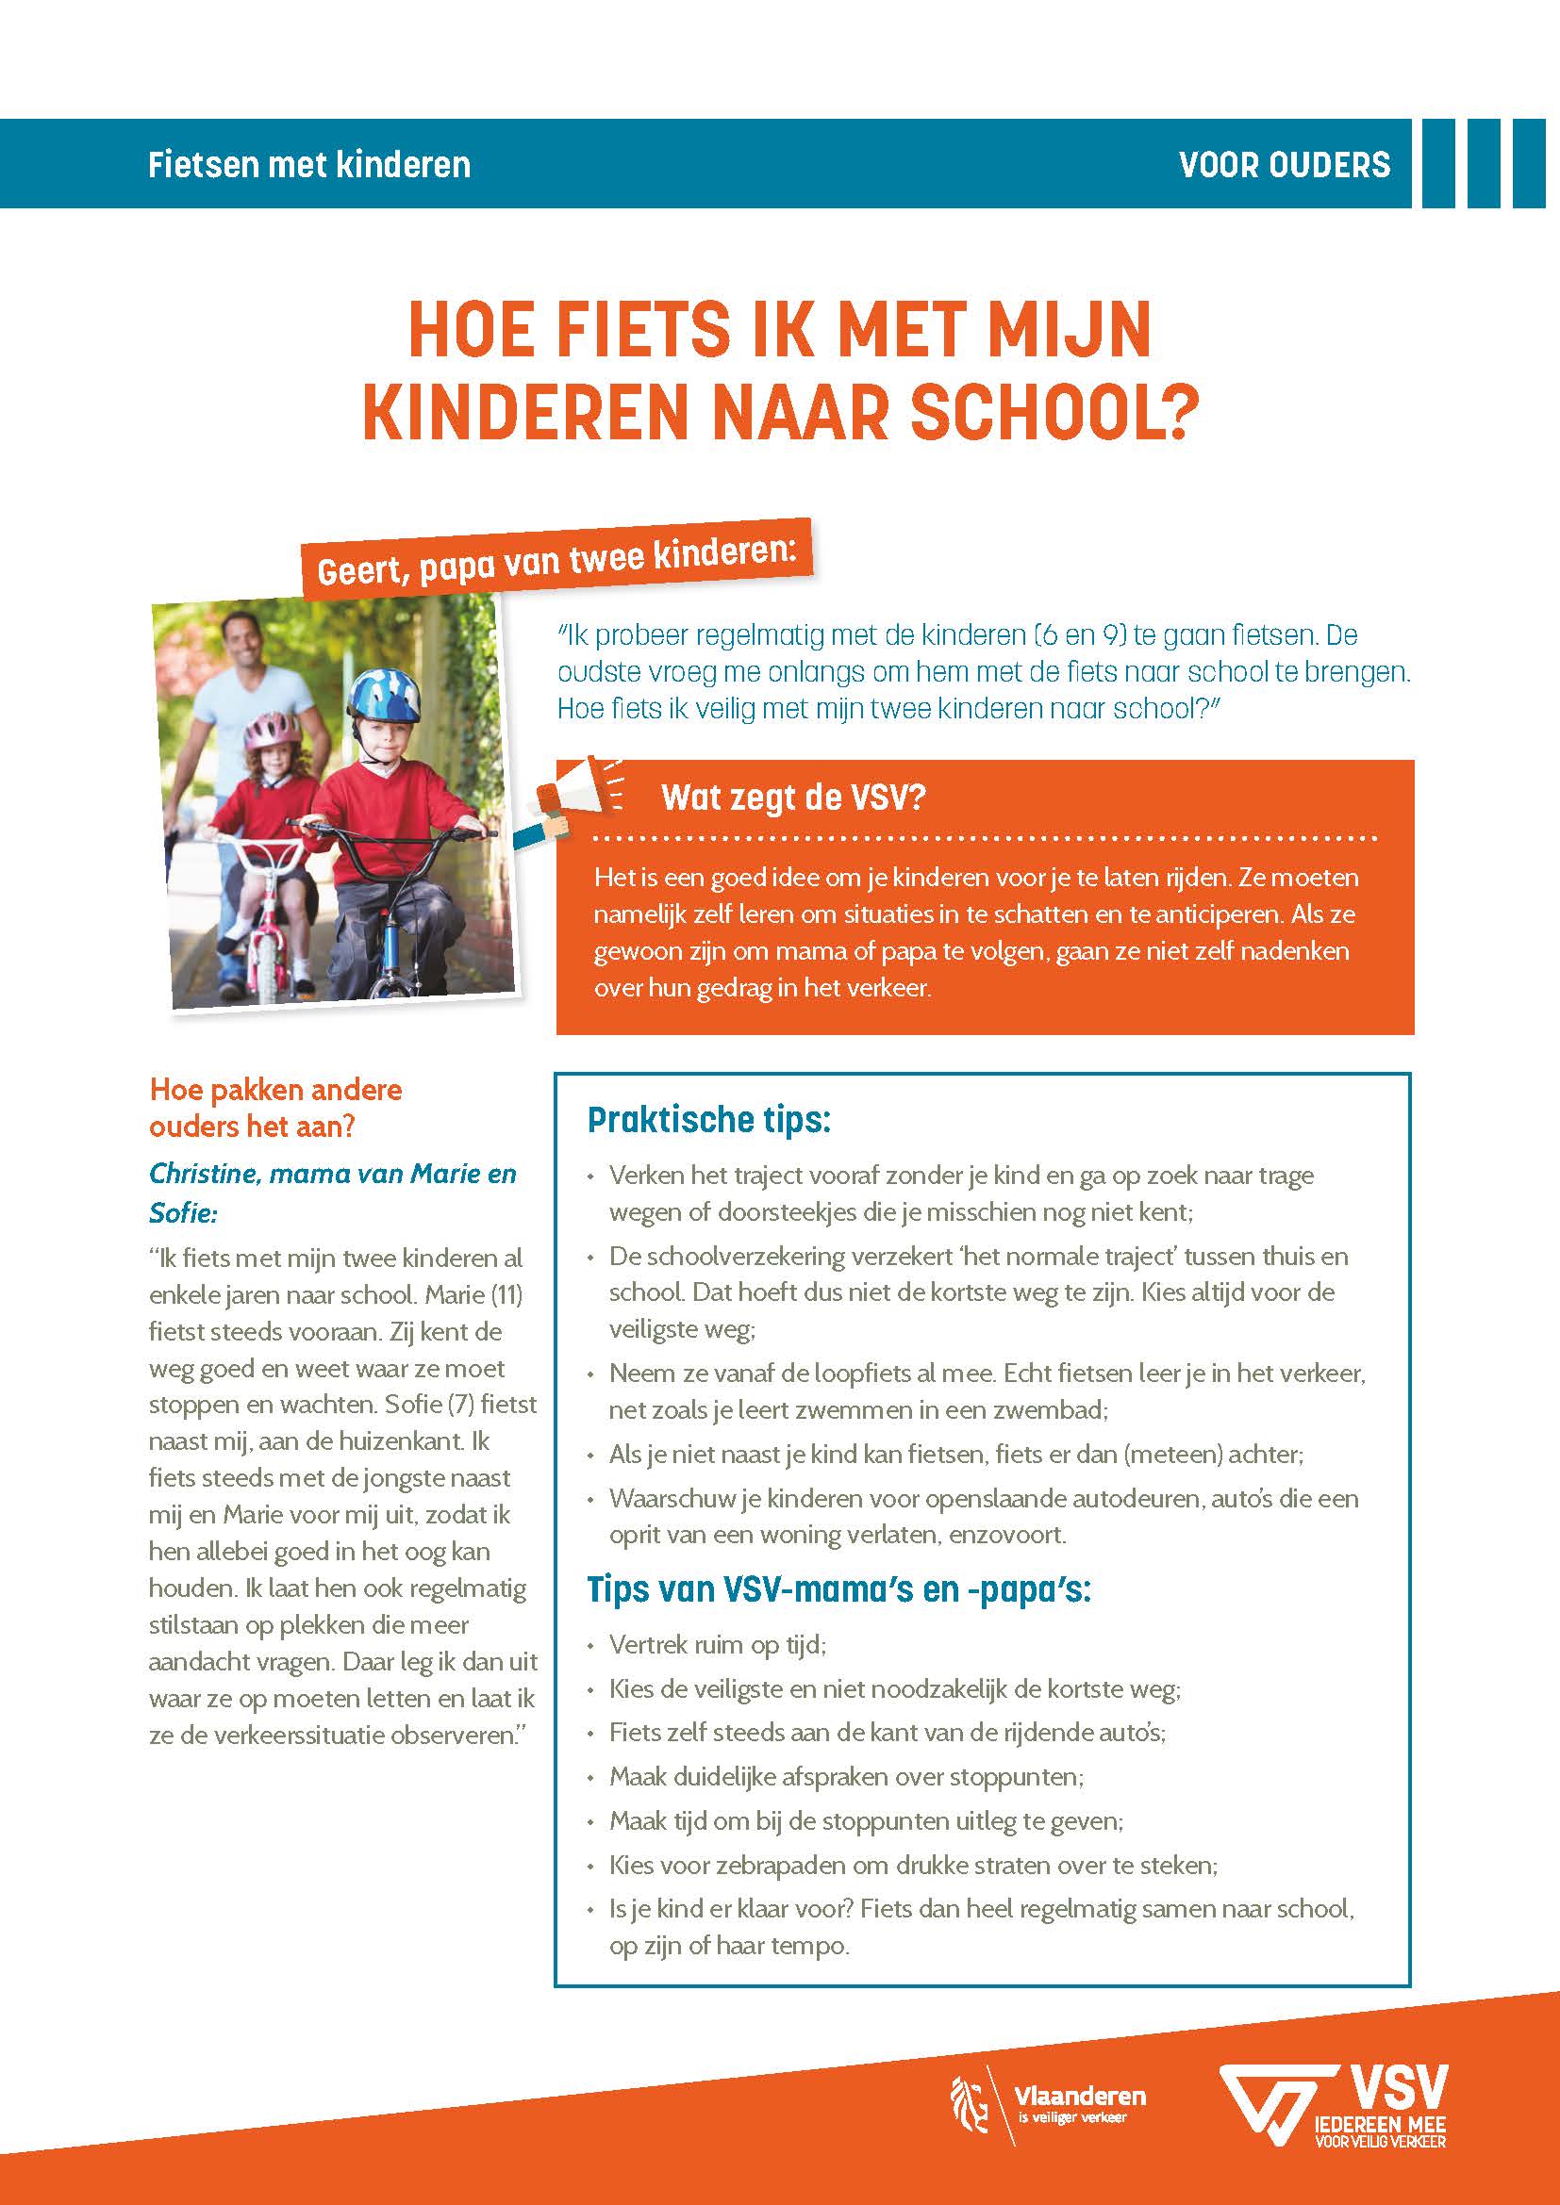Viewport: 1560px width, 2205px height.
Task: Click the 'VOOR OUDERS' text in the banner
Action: click(1284, 165)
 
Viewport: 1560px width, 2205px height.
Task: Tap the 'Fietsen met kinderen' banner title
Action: click(309, 165)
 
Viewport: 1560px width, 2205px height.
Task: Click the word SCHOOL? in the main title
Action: click(1054, 413)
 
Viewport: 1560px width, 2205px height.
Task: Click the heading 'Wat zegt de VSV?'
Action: click(792, 798)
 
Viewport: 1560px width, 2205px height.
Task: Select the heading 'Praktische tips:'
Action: click(709, 1120)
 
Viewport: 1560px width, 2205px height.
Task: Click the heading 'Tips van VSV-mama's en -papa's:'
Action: click(838, 1589)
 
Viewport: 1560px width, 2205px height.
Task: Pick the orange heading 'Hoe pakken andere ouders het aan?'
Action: click(275, 1108)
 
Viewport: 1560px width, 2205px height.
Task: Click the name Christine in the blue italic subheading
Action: click(205, 1174)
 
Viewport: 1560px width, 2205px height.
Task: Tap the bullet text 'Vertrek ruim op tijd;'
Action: click(718, 1645)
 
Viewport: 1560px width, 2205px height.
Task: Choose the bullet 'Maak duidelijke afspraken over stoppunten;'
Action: click(846, 1777)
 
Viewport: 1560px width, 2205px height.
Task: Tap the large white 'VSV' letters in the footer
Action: click(1398, 2086)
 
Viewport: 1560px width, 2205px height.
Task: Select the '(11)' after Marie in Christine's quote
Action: click(506, 1295)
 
